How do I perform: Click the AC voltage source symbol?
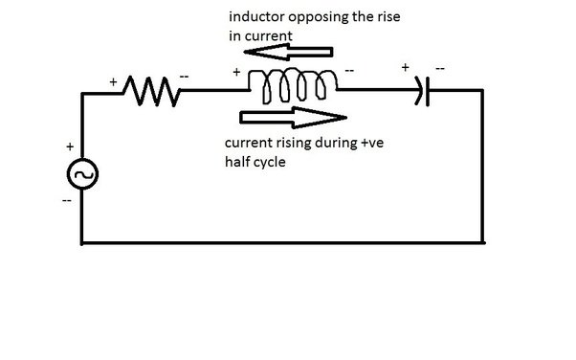(82, 175)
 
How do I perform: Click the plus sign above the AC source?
(69, 148)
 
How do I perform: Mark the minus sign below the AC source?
(68, 204)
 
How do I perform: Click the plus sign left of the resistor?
(116, 83)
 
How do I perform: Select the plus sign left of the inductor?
(235, 72)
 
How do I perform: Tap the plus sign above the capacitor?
(405, 69)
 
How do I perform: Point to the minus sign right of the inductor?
(351, 72)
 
